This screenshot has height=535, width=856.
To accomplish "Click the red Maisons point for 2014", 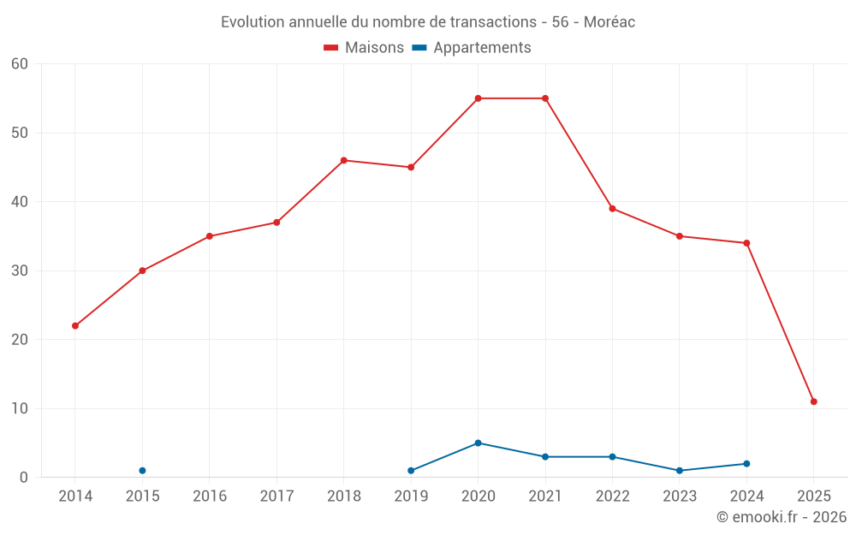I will [x=75, y=326].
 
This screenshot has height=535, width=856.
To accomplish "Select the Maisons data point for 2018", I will [x=344, y=160].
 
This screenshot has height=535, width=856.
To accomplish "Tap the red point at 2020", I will [x=478, y=98].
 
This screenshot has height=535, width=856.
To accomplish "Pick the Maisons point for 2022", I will [x=612, y=209].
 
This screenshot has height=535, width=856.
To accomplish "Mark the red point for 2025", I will [x=813, y=401].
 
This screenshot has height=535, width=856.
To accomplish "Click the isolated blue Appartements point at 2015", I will [x=142, y=471].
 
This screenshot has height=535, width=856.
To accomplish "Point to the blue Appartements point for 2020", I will [x=478, y=443].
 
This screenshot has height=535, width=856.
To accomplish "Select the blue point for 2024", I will [x=746, y=464].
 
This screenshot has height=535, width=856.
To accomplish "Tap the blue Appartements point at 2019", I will [x=411, y=471].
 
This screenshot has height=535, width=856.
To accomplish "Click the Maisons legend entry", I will [x=364, y=48].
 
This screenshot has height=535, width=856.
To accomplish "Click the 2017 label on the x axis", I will [x=276, y=496].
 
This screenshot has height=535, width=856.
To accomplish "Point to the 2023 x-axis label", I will [x=680, y=496].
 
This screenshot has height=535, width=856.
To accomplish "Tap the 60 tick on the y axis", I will [x=20, y=64].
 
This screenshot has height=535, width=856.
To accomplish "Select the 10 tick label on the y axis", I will [x=20, y=409].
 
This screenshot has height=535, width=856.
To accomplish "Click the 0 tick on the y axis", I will [x=24, y=478].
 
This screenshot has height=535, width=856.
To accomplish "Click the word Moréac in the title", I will [x=609, y=22].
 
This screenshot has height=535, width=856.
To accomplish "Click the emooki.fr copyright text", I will [x=782, y=517].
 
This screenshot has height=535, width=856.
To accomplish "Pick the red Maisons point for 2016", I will [x=210, y=236].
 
